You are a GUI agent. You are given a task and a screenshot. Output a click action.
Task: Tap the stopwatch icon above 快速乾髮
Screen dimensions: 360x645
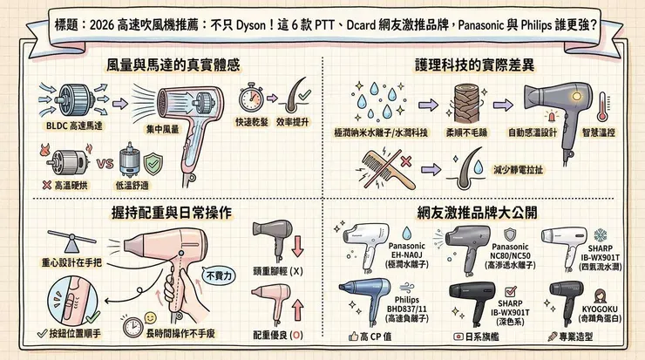point(251,96)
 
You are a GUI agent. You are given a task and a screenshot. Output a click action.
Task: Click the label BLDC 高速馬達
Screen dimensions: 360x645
point(54,126)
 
